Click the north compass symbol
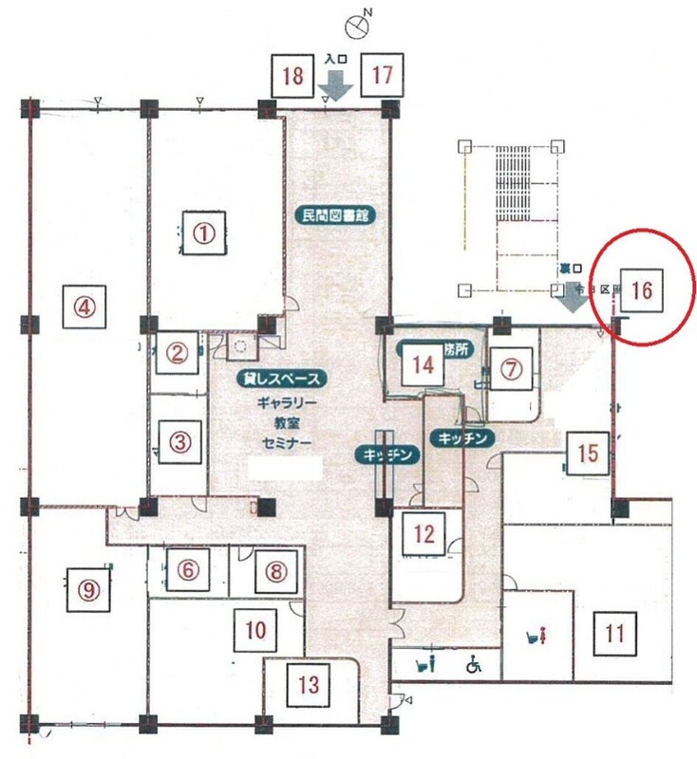pyautogui.click(x=358, y=26)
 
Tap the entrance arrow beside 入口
pyautogui.click(x=338, y=86)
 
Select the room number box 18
pyautogui.click(x=293, y=77)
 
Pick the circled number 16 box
pyautogui.click(x=641, y=291)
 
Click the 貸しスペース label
pyautogui.click(x=284, y=378)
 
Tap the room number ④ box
pyautogui.click(x=85, y=306)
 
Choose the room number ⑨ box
pyautogui.click(x=88, y=589)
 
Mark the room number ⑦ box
pyautogui.click(x=513, y=370)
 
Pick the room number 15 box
pyautogui.click(x=588, y=454)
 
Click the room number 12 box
pyautogui.click(x=424, y=533)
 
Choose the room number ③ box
pyautogui.click(x=180, y=441)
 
